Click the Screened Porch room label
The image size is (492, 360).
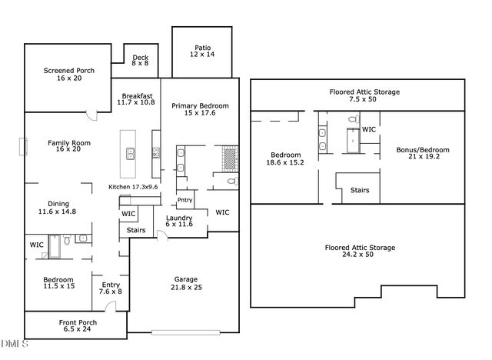tap(68, 75)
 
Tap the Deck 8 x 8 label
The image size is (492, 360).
tap(140, 61)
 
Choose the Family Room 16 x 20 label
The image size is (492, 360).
tap(69, 146)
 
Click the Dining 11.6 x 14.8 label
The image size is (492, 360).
tap(57, 208)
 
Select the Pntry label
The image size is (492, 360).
tap(184, 200)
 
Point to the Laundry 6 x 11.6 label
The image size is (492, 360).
tap(178, 222)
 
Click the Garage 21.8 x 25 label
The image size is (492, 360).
tap(185, 283)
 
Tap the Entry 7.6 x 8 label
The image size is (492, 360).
tap(111, 288)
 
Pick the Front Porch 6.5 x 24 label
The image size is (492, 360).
tap(78, 325)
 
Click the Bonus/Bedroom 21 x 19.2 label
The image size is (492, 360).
tap(422, 154)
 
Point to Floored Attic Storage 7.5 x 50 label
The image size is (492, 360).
tap(364, 95)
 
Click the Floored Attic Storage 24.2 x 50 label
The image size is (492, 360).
tap(359, 252)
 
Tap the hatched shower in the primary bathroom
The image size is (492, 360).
tap(230, 158)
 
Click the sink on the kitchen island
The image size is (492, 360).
tap(130, 153)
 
